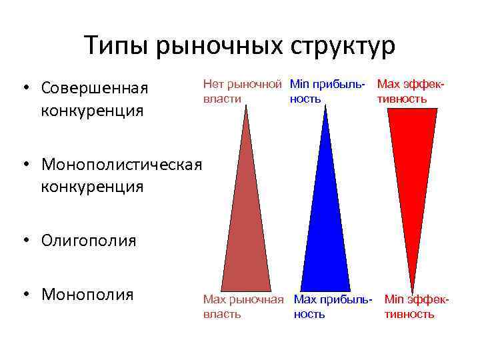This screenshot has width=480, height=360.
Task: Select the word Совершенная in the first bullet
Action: tap(94, 88)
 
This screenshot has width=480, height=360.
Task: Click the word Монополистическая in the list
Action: tap(121, 164)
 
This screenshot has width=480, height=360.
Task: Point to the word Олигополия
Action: tap(89, 240)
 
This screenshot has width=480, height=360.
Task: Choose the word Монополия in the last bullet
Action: tap(87, 294)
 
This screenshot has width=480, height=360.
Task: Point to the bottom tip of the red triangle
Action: tap(412, 287)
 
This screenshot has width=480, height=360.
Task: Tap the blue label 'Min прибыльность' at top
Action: tap(327, 92)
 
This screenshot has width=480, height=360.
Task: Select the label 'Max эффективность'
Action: tap(411, 92)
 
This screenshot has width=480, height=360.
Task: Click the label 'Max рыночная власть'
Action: tap(244, 307)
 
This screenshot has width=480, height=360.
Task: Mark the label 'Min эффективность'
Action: tap(417, 307)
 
